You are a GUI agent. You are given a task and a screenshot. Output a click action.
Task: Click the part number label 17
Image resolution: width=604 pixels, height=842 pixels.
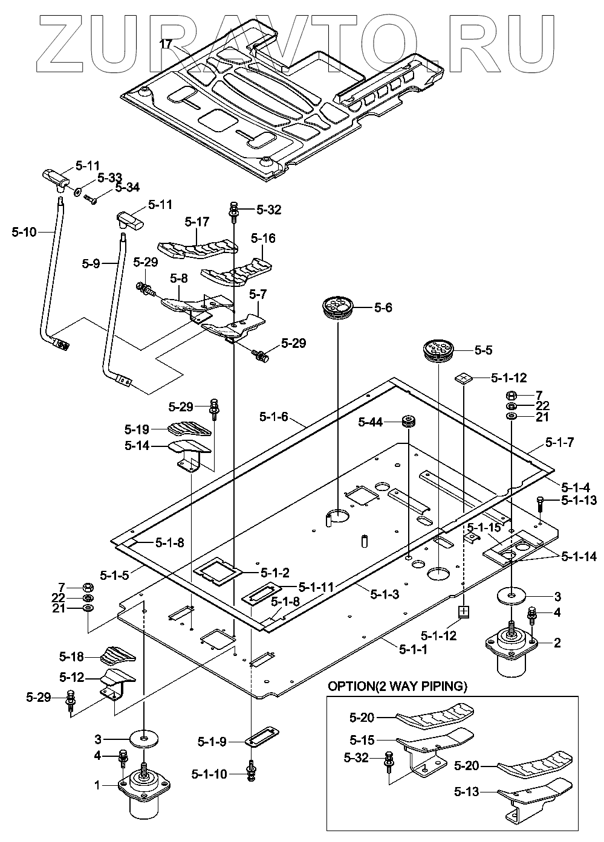point(166,43)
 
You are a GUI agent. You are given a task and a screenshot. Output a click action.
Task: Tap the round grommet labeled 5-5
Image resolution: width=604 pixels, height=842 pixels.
point(438,351)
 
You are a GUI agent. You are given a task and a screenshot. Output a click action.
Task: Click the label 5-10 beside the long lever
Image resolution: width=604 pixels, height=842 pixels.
point(24,231)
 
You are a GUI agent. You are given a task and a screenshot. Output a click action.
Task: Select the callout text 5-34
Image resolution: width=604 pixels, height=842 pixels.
point(127,188)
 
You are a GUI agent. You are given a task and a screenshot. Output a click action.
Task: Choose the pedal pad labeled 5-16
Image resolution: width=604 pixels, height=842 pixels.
point(237,270)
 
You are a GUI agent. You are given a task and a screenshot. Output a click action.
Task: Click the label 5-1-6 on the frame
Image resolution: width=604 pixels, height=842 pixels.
point(274,416)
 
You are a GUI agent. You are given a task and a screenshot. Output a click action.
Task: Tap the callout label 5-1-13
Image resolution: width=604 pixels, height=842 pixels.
point(579,500)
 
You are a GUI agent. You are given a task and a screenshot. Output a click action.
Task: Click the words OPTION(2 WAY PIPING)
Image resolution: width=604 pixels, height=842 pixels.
point(397,686)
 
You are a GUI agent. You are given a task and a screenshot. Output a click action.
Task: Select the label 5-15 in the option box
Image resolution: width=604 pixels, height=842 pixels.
point(363,739)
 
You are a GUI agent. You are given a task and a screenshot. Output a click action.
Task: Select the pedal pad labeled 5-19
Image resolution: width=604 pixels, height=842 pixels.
point(189,428)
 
